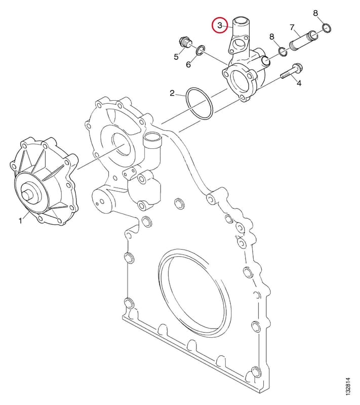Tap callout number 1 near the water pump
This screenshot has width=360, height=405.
(x=20, y=221)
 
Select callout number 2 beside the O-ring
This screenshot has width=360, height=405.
(x=172, y=93)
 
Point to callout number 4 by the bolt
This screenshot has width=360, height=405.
(x=299, y=83)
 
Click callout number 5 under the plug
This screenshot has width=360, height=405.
(x=176, y=57)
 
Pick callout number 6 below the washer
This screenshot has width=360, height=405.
(x=188, y=65)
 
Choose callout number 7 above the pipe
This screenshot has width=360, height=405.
(x=292, y=27)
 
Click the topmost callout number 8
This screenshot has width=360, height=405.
(x=315, y=13)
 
